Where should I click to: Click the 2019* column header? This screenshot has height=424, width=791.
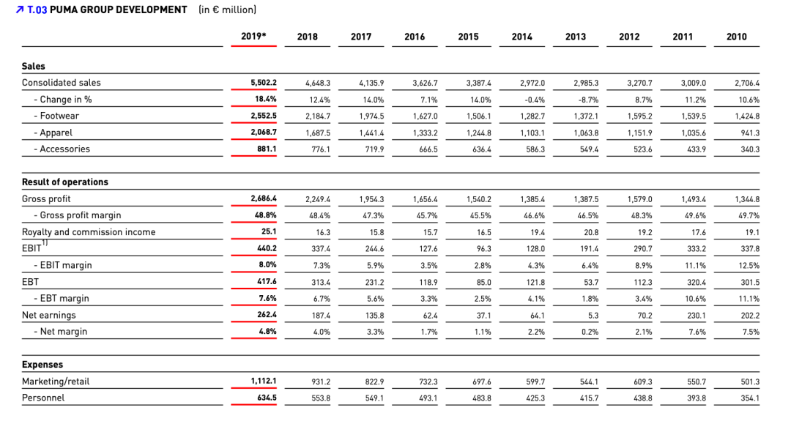pos(253,37)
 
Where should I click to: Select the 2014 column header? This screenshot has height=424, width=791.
pos(521,37)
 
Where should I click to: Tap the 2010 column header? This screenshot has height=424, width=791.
pos(737,37)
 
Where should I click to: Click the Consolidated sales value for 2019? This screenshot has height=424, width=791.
pos(264,82)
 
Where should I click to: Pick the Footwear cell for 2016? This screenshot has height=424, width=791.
pos(425,116)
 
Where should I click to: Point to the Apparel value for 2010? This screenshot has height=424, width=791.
pos(750,133)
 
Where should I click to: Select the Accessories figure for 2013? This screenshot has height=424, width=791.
pos(589,149)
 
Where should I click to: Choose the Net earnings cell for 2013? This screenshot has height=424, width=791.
pos(593,316)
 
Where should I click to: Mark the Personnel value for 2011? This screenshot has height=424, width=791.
pos(697,398)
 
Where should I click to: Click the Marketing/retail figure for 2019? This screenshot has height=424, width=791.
pos(264,381)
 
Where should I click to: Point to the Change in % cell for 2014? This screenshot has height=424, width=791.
pos(534,100)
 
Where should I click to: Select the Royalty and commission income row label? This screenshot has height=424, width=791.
pos(89,232)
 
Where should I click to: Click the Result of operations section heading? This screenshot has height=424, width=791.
pos(65,182)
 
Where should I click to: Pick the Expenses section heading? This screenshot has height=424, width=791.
pos(42,365)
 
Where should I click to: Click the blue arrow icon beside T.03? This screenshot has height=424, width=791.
pos(20,10)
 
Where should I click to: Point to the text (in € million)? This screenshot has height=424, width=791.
pos(228,10)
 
